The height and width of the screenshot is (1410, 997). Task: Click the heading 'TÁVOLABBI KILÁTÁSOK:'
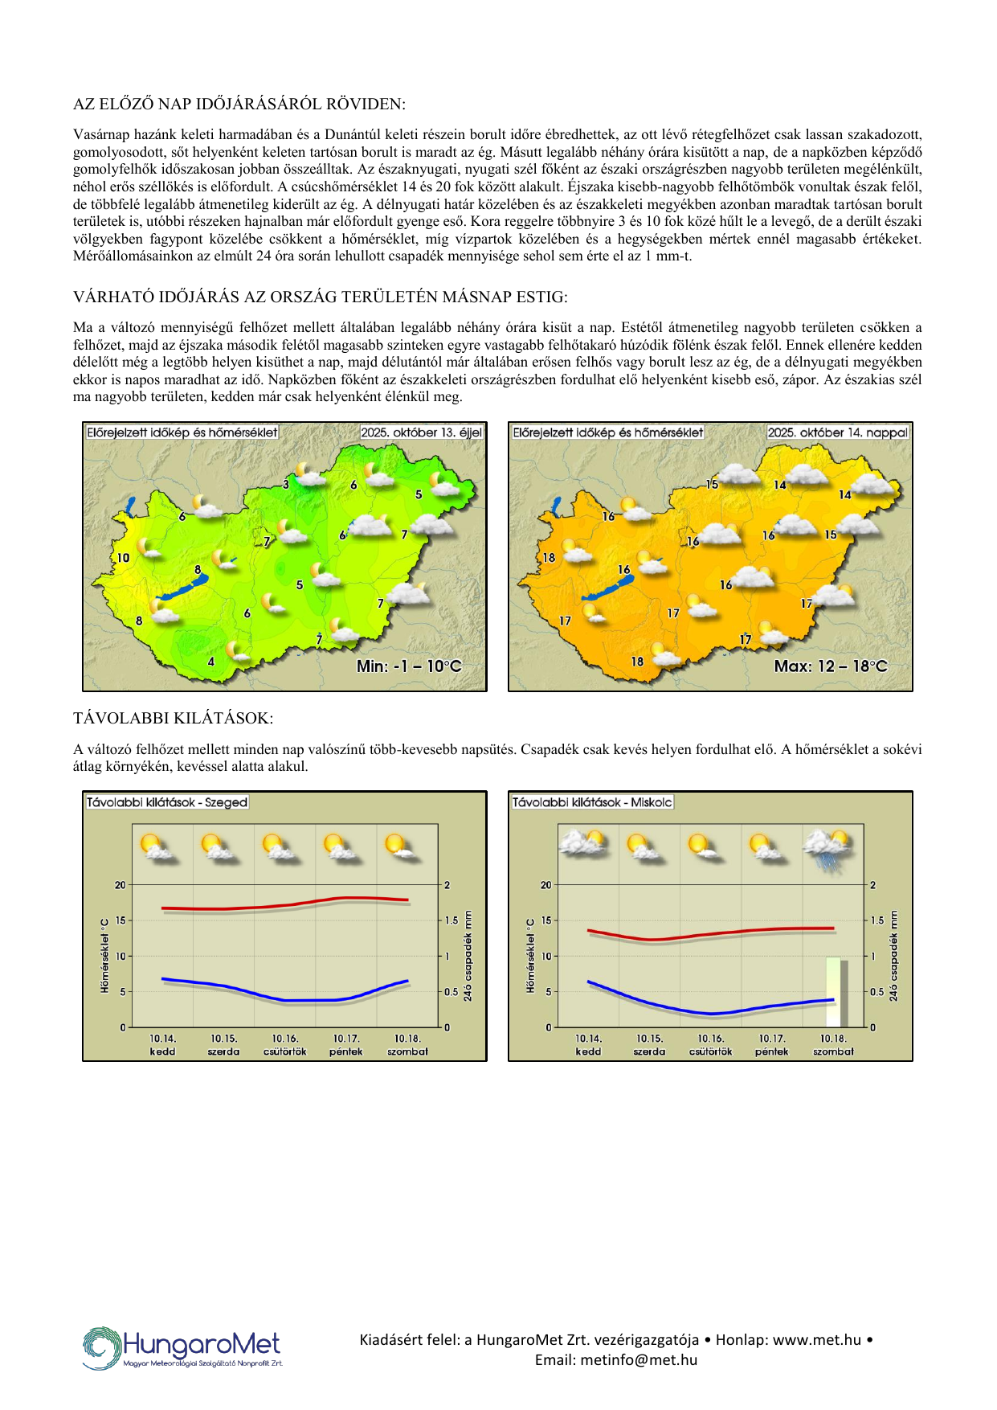click(x=173, y=718)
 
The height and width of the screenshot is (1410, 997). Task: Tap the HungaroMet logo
click(x=183, y=1347)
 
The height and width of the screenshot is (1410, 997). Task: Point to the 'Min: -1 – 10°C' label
click(x=409, y=666)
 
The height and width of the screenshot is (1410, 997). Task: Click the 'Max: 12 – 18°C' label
click(x=831, y=666)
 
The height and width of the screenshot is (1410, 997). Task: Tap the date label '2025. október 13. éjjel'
click(x=421, y=432)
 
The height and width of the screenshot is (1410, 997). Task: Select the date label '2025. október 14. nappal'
click(x=838, y=432)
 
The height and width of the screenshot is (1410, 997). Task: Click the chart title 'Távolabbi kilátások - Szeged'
click(x=167, y=802)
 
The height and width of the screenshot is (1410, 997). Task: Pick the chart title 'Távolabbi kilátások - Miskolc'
click(x=592, y=802)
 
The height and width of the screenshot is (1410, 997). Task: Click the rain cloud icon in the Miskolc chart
click(x=827, y=848)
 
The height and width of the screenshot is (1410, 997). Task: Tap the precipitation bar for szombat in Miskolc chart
click(x=834, y=992)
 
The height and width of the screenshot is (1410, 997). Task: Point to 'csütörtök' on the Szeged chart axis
click(x=285, y=1051)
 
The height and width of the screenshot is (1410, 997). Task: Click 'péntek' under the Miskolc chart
click(x=771, y=1051)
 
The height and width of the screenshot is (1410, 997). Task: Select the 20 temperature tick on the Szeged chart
click(x=121, y=885)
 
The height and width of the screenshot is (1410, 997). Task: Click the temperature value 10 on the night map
click(x=123, y=558)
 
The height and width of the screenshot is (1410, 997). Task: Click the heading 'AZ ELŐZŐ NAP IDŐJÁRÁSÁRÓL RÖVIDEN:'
click(x=239, y=105)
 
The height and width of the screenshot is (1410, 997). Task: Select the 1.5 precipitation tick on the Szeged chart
click(x=452, y=920)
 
